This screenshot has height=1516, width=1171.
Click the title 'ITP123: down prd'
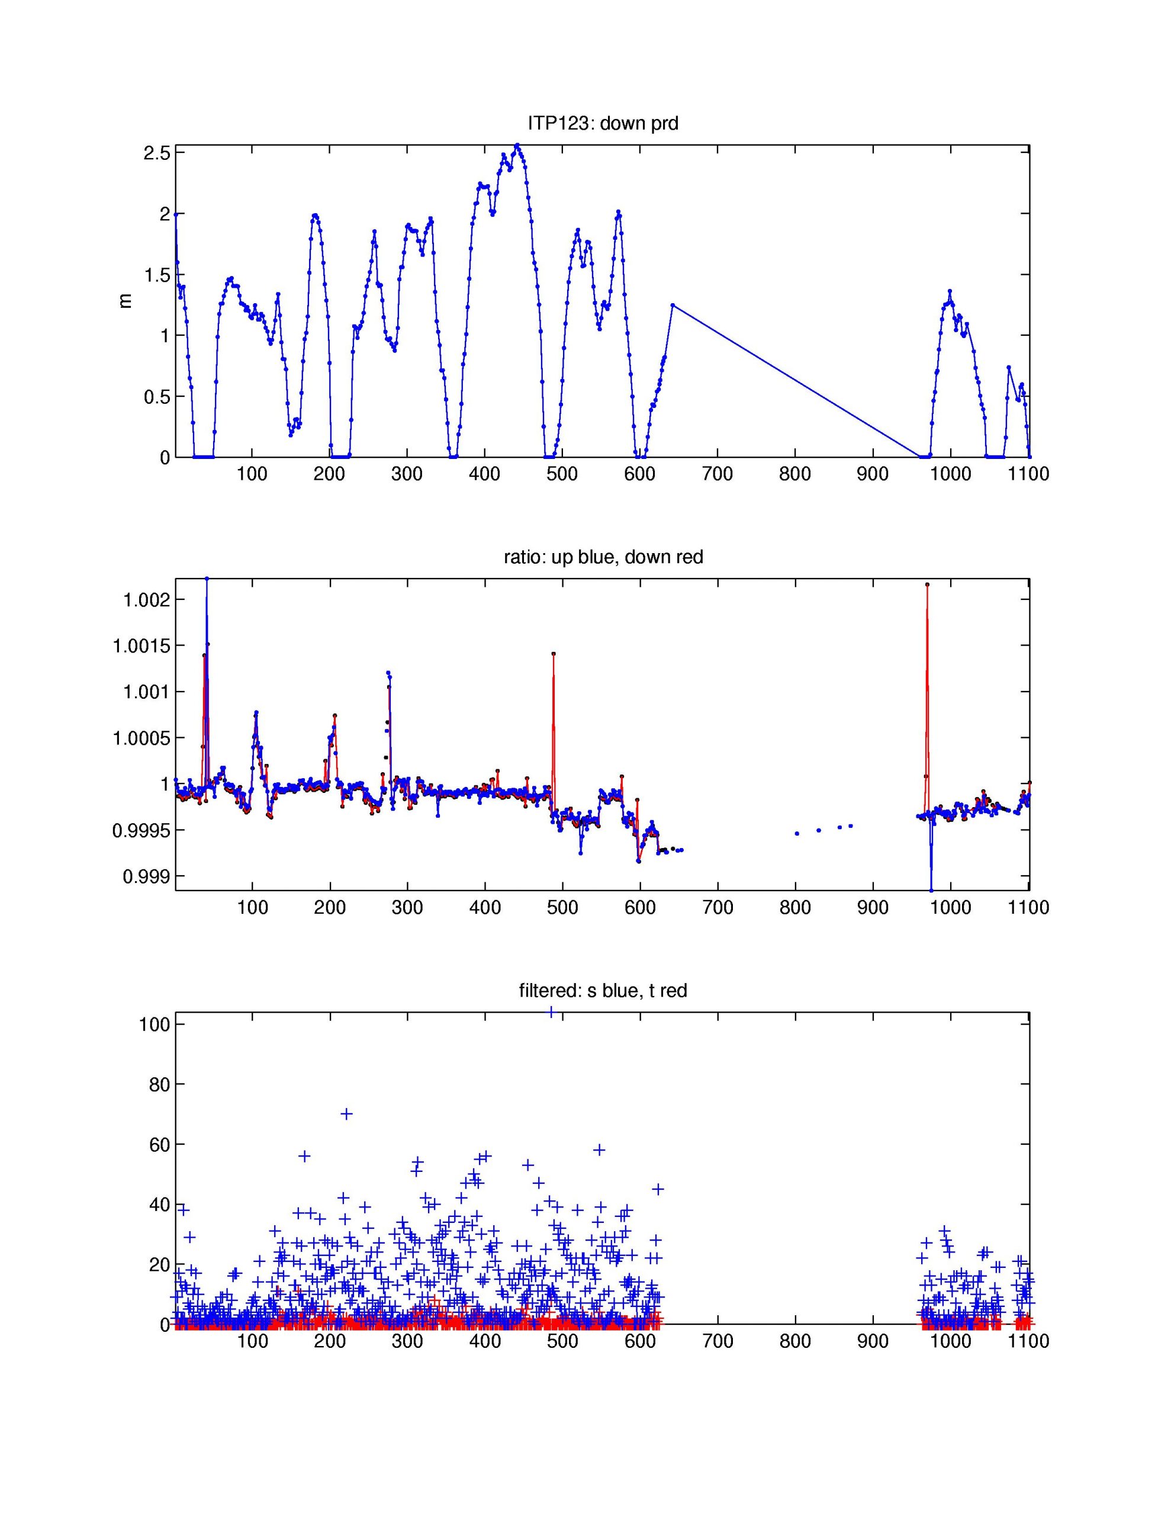tap(603, 124)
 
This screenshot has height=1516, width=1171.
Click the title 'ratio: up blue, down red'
tap(603, 557)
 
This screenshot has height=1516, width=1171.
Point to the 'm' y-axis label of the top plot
tap(126, 301)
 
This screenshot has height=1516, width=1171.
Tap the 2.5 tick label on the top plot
tap(156, 153)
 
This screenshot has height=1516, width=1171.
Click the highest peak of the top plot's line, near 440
tap(517, 145)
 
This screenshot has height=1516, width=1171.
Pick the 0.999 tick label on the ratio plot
tap(146, 876)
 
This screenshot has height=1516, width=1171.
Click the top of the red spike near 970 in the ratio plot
tap(927, 584)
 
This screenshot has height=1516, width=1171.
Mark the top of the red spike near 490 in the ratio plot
tap(553, 653)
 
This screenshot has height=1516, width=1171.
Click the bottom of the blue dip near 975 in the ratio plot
tap(931, 891)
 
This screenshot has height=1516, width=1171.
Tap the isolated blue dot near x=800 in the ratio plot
tap(797, 833)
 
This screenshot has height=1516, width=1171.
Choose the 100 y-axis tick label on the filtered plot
tap(154, 1024)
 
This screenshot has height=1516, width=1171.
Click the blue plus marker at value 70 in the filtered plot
tap(346, 1113)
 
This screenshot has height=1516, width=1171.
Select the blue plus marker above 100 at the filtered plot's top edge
tap(551, 1012)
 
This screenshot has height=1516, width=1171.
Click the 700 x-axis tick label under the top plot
tap(717, 474)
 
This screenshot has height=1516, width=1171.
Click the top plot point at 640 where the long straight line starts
tap(672, 305)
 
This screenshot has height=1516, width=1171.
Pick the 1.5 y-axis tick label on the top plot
tap(156, 275)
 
